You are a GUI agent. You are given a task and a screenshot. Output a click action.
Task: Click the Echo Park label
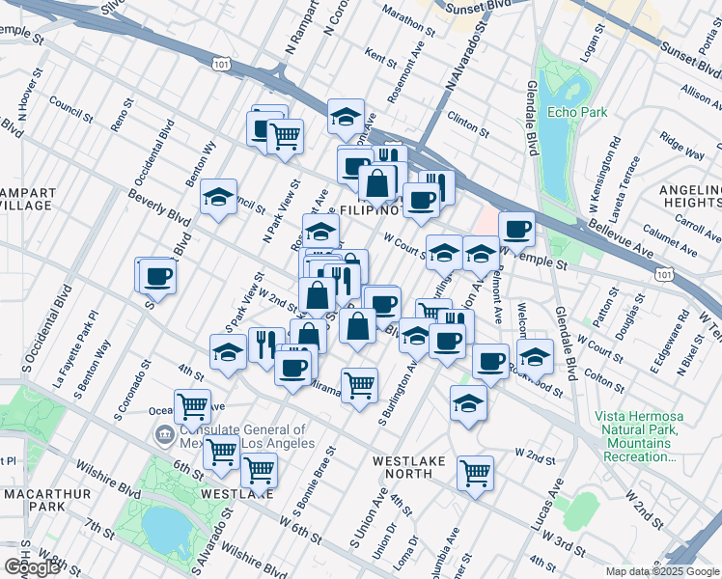[577, 112]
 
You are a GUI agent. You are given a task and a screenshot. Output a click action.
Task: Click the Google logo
[31, 567]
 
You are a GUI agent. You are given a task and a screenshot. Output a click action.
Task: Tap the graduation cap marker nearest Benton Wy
[219, 197]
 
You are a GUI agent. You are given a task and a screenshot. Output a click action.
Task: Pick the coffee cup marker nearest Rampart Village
[156, 276]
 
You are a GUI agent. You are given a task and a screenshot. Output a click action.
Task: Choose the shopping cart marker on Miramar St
[359, 384]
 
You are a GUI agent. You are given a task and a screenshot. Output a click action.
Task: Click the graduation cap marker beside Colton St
[535, 355]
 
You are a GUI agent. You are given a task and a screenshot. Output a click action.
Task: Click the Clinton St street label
[463, 124]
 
